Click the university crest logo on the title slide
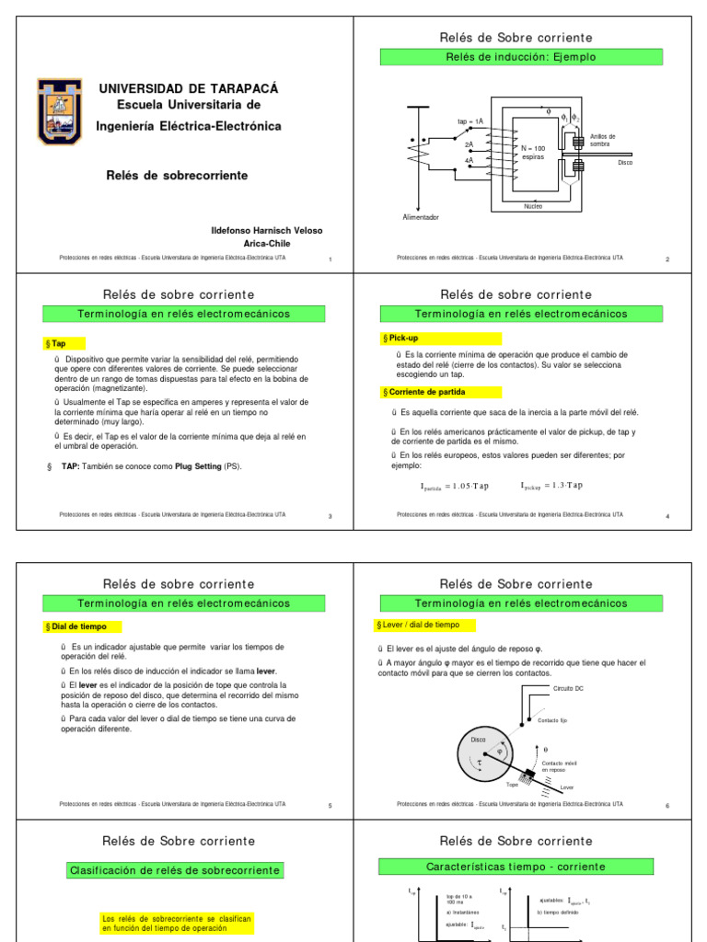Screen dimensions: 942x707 (x=59, y=110)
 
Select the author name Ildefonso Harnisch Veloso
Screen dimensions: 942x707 (x=267, y=230)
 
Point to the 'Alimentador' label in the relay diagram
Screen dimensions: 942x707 (x=421, y=217)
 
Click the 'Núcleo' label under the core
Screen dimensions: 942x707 (x=533, y=206)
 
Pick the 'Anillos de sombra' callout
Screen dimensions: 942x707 (x=602, y=140)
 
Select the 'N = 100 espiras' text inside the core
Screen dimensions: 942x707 (x=533, y=152)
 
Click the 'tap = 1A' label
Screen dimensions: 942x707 (x=469, y=121)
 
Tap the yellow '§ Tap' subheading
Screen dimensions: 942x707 (x=58, y=343)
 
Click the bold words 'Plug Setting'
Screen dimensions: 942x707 (x=194, y=466)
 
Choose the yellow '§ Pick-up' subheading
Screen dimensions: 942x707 (x=404, y=339)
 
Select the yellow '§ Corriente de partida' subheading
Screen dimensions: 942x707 (x=424, y=392)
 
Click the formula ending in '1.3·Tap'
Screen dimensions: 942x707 (x=551, y=486)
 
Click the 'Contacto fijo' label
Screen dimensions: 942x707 (x=559, y=720)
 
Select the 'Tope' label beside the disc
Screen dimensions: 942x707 (x=513, y=784)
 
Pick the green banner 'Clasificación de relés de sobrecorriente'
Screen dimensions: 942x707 (x=176, y=870)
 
